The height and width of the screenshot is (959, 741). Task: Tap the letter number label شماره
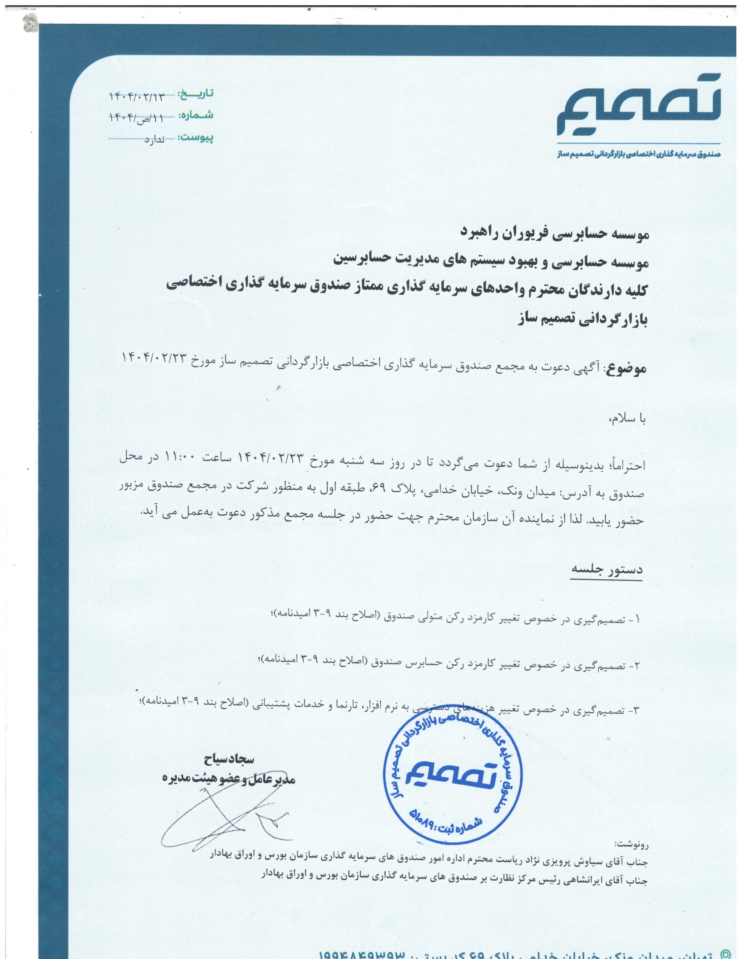pyautogui.click(x=196, y=115)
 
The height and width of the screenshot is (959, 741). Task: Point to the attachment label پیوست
pyautogui.click(x=196, y=137)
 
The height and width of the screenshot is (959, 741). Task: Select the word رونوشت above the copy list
pyautogui.click(x=632, y=844)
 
